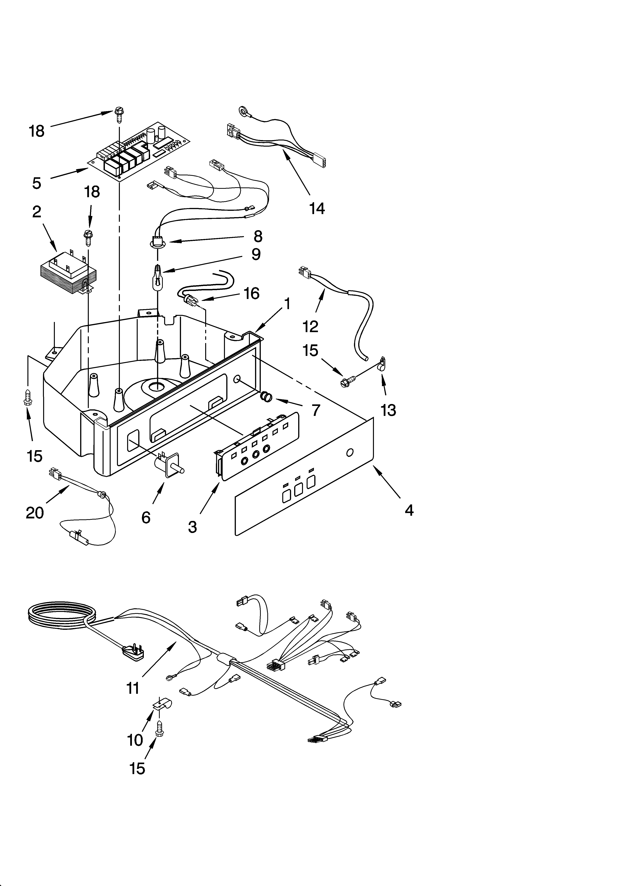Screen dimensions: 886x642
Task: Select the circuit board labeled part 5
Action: click(139, 150)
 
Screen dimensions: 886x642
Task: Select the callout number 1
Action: click(287, 304)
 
